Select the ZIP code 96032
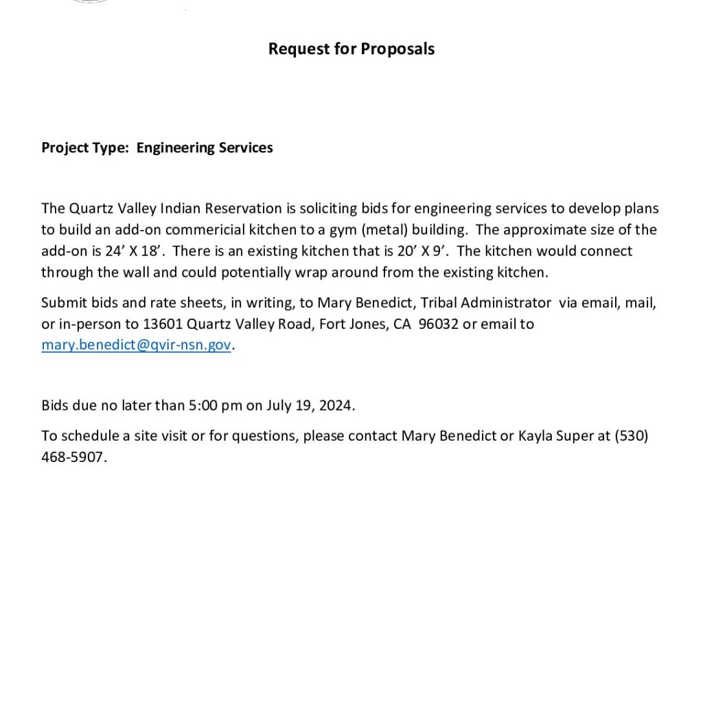coord(438,323)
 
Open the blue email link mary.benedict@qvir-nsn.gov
coord(136,345)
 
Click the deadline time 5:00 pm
coord(216,405)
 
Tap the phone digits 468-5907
coord(73,457)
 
